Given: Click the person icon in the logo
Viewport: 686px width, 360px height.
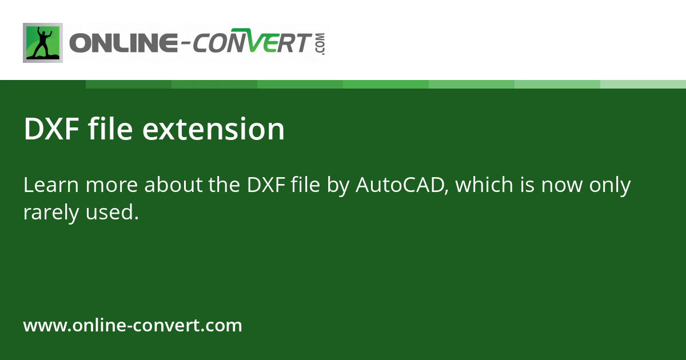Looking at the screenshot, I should [43, 43].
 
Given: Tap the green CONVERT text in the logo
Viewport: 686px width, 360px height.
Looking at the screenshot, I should [252, 44].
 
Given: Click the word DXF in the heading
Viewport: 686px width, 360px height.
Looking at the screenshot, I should [51, 130].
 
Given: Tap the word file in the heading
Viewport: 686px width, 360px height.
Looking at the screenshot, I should [111, 130].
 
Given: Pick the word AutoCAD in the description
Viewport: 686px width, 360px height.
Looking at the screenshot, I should [400, 185].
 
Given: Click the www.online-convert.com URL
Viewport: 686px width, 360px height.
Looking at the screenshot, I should [133, 326].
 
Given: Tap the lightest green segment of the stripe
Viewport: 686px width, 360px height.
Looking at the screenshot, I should [643, 85].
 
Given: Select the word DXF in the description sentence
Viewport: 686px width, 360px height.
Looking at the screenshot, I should [266, 185].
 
